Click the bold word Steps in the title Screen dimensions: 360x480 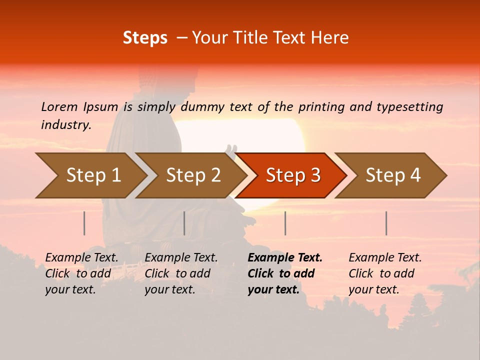pyautogui.click(x=145, y=38)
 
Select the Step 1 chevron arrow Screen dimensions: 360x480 pyautogui.click(x=90, y=175)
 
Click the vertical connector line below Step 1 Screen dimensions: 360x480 pyautogui.click(x=84, y=223)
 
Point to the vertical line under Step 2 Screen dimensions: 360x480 pyautogui.click(x=184, y=223)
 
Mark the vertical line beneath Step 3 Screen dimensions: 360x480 pyautogui.click(x=285, y=223)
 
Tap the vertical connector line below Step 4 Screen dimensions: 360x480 pyautogui.click(x=386, y=223)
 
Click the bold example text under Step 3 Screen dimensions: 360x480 pyautogui.click(x=285, y=273)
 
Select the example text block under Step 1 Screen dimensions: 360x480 pyautogui.click(x=81, y=273)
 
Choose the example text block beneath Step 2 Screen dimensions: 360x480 pyautogui.click(x=181, y=273)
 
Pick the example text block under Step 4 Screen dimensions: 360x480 pyautogui.click(x=385, y=273)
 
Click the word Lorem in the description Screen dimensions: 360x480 pyautogui.click(x=59, y=107)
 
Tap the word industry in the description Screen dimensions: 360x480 pyautogui.click(x=66, y=125)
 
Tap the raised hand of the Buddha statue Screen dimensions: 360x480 pyautogui.click(x=231, y=150)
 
